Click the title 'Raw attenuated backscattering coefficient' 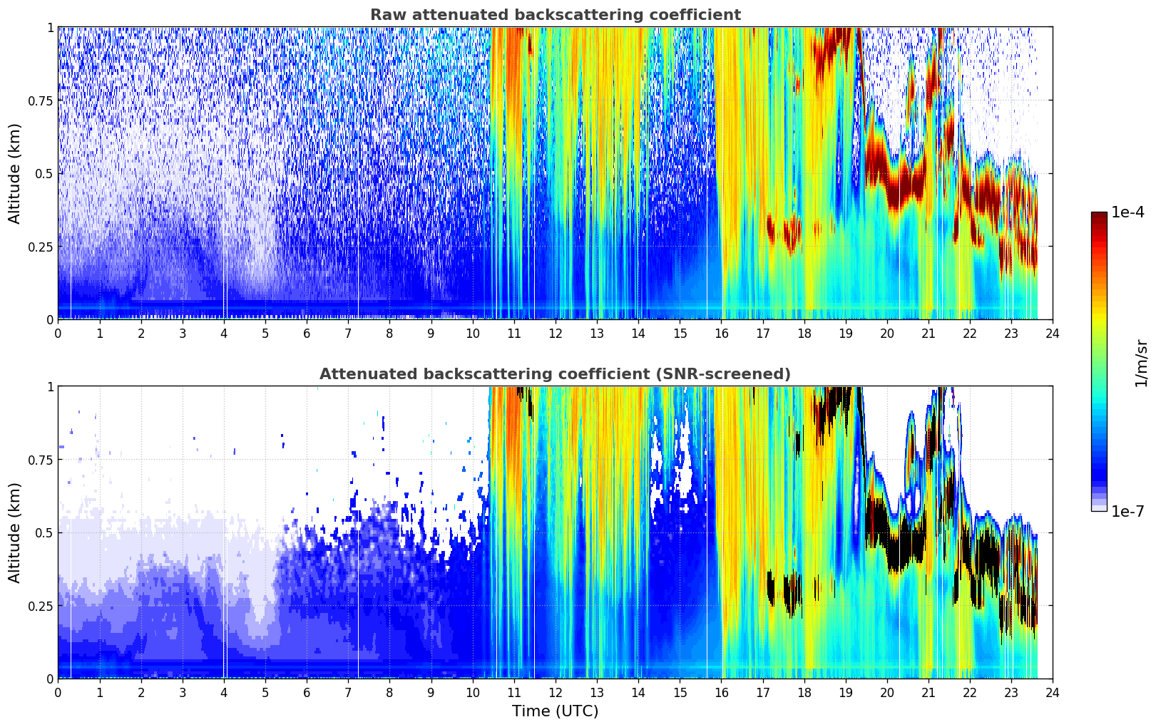pos(555,15)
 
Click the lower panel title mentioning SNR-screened pos(555,374)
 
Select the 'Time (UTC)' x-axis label pos(555,711)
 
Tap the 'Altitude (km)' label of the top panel pos(15,173)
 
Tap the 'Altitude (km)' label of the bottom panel pos(15,532)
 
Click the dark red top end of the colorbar pos(1099,215)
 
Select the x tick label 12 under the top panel pos(556,333)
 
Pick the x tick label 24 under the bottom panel pos(1053,692)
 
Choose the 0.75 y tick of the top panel pos(40,100)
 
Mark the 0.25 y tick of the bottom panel pos(40,606)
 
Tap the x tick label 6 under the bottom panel pos(307,692)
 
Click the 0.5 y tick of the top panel pos(44,173)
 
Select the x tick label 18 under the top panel pos(804,333)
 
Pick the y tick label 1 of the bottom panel pos(50,386)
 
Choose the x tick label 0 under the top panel pos(58,333)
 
